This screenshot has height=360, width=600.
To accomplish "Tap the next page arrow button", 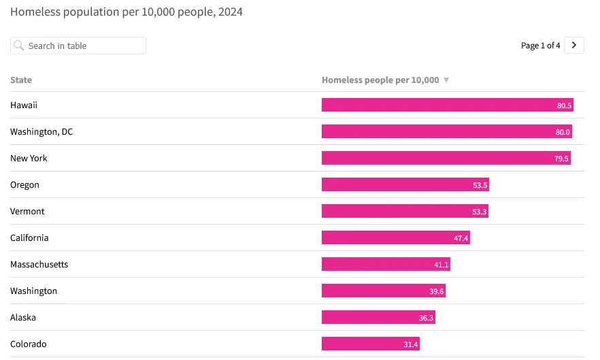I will [x=574, y=45].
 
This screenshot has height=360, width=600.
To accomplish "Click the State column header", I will [x=21, y=80].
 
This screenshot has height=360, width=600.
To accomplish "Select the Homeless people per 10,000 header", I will [x=380, y=80].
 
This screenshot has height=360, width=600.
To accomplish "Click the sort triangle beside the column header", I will [x=446, y=80].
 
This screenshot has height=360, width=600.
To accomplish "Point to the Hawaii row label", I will [x=24, y=105].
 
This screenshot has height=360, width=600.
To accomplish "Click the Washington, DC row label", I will [x=41, y=131].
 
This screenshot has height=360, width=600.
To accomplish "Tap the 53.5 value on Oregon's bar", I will [x=480, y=185].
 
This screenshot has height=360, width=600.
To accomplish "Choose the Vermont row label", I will [x=27, y=211].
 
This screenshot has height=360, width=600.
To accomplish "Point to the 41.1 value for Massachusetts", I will [x=441, y=265].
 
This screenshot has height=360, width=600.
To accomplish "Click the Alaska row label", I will [x=23, y=317].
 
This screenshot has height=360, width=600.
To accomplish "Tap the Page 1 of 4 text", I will [x=541, y=46].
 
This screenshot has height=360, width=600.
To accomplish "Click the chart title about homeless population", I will [x=126, y=12].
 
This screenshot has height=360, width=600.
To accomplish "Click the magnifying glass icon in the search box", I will [x=19, y=46].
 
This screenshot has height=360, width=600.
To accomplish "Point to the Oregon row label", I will [x=24, y=184].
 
